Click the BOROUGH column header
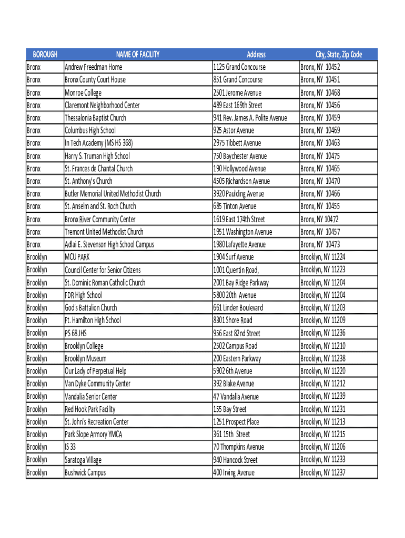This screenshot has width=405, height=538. pyautogui.click(x=45, y=55)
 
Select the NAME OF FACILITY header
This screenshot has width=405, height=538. pyautogui.click(x=138, y=55)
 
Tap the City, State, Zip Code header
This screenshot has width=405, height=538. pyautogui.click(x=338, y=55)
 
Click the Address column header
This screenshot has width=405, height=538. pyautogui.click(x=256, y=55)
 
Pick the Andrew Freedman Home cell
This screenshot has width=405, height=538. pyautogui.click(x=93, y=67)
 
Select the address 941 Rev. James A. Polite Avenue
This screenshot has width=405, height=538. pyautogui.click(x=250, y=118)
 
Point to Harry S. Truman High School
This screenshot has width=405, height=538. pyautogui.click(x=97, y=156)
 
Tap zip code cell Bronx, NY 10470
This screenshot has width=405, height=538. pyautogui.click(x=320, y=181)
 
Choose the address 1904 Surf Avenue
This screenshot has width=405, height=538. pyautogui.click(x=233, y=257)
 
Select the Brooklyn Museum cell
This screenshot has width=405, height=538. pyautogui.click(x=85, y=358)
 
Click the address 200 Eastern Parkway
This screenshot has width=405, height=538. pyautogui.click(x=237, y=358)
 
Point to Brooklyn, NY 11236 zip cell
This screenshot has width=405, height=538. pyautogui.click(x=322, y=333)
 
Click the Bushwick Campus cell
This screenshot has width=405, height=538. pyautogui.click(x=85, y=472)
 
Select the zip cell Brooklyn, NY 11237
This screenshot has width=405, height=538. pyautogui.click(x=322, y=472)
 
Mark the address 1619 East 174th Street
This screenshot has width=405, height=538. pyautogui.click(x=239, y=219)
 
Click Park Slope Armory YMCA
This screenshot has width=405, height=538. pyautogui.click(x=93, y=434)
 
